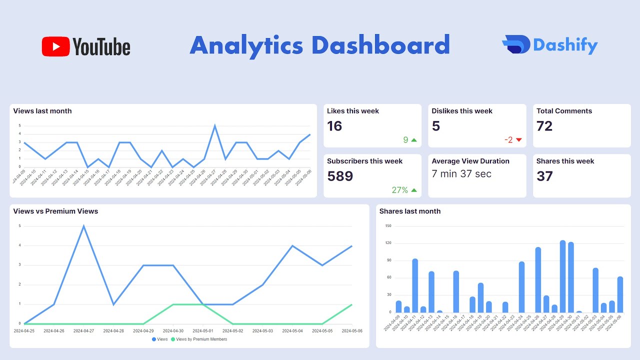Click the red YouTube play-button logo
point(55,46)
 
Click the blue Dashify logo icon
point(515,45)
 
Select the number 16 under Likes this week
point(334,126)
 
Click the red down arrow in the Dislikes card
point(518,140)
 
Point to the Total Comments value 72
point(544,126)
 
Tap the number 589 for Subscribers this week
point(340,176)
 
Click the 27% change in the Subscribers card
point(400,190)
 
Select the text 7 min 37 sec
point(461,174)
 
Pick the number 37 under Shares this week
point(544,176)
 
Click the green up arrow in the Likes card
point(413,140)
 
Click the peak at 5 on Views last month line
point(215,126)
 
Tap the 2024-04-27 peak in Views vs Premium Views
point(83,226)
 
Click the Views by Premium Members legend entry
point(201,339)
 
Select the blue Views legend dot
point(154,339)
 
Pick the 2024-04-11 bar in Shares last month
point(415,285)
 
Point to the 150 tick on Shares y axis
point(388,226)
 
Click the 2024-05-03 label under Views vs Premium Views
point(262,330)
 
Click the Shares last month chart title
point(409,211)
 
